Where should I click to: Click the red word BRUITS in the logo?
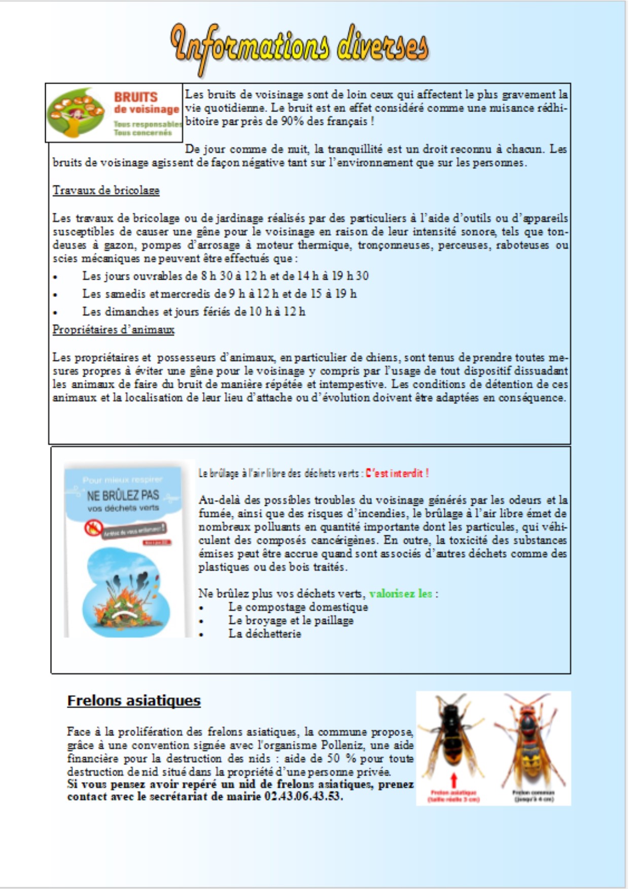(135, 97)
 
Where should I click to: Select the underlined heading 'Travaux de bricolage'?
(106, 191)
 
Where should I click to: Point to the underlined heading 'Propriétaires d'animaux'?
(113, 330)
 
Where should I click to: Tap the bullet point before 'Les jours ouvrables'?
(55, 277)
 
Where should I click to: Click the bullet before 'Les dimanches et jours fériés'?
(55, 313)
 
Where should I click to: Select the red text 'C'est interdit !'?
(397, 473)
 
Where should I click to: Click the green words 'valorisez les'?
(401, 594)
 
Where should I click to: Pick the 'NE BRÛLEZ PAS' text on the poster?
(123, 495)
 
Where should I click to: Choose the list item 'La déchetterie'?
(264, 634)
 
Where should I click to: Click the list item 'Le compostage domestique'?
(298, 607)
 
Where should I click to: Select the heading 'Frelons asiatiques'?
(134, 700)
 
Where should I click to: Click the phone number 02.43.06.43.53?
(303, 796)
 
